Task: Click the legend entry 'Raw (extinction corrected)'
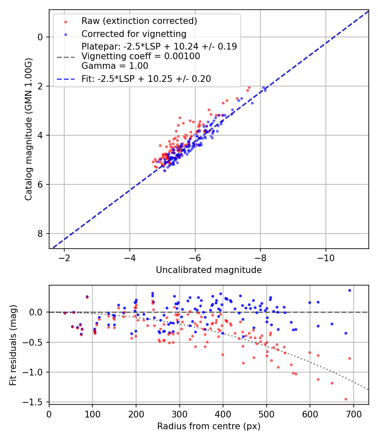tap(139, 21)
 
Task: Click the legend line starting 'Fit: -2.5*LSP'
tap(146, 79)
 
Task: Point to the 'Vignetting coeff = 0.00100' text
tap(141, 56)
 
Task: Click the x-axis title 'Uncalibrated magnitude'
tap(209, 270)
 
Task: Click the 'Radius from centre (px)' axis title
tap(209, 426)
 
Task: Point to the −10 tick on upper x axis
tap(326, 257)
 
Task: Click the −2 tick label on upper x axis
tap(64, 257)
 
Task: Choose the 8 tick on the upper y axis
tap(40, 234)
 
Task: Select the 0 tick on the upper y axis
tap(40, 37)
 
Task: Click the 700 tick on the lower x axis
tap(353, 414)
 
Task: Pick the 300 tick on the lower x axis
tap(179, 414)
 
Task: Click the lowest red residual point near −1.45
tap(346, 399)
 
